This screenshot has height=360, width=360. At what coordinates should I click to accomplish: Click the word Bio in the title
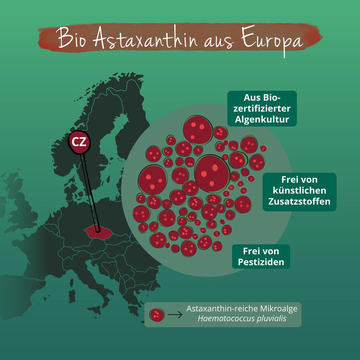tap(72, 40)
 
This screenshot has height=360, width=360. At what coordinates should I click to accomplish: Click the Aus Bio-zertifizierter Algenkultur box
tap(261, 108)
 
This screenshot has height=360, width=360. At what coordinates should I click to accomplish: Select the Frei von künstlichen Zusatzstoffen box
tap(299, 192)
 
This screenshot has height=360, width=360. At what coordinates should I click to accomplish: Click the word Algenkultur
tap(261, 120)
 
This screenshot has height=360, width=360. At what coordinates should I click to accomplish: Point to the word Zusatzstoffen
tap(299, 202)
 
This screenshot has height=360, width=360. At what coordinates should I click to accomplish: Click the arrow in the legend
tap(175, 315)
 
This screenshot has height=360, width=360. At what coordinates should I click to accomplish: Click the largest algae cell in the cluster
tap(212, 172)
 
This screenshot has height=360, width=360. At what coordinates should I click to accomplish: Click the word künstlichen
tap(299, 192)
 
